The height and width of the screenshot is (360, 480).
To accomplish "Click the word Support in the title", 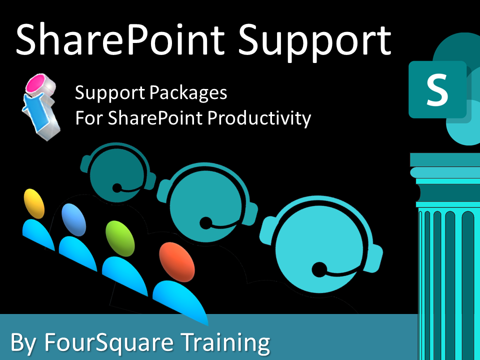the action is [x=314, y=43].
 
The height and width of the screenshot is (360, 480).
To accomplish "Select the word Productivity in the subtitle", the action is [x=259, y=118].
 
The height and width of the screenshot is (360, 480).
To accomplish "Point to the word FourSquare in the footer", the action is [x=109, y=342].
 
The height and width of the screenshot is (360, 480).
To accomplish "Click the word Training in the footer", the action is [x=225, y=342].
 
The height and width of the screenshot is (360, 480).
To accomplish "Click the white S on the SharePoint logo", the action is [x=437, y=89].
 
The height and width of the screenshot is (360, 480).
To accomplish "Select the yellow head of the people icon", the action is [x=34, y=203].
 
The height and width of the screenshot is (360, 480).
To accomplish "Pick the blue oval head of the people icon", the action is [x=73, y=220].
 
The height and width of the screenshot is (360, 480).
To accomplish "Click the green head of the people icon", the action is [x=119, y=238].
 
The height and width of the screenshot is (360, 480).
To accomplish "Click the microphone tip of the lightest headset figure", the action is [x=319, y=269].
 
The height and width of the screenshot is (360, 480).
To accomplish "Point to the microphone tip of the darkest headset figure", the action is [x=117, y=187].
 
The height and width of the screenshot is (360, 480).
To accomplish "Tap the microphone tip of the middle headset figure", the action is [x=206, y=223].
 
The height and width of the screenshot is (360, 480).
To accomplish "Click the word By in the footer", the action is [x=23, y=343].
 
